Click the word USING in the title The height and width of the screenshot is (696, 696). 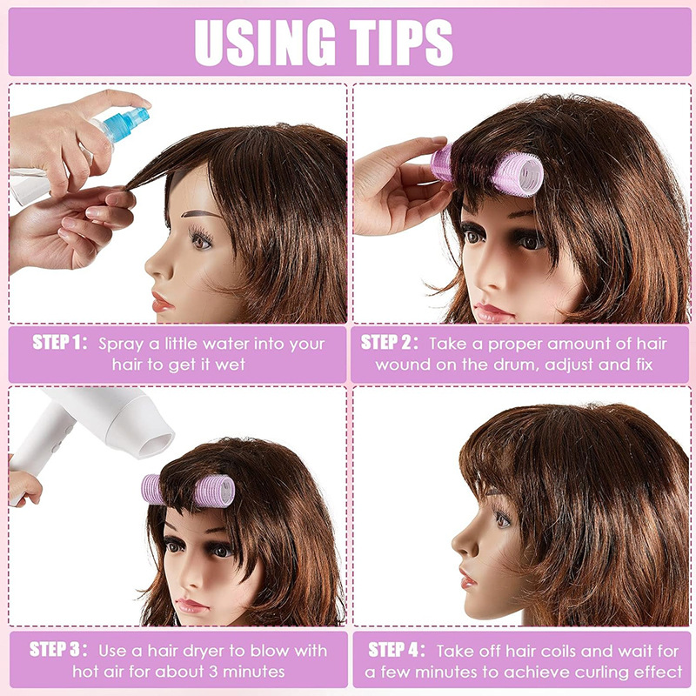tap(264, 43)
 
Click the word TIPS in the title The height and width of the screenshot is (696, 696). tap(401, 43)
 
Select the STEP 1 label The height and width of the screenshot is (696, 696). tap(60, 342)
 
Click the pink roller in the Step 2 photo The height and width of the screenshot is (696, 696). tap(488, 170)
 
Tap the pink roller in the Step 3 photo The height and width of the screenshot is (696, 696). tap(188, 491)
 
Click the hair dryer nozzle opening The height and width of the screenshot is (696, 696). tap(156, 445)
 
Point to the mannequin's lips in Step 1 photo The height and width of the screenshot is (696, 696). tap(161, 302)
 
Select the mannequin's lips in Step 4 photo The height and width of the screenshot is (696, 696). tap(467, 578)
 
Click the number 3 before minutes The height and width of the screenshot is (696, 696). tap(213, 672)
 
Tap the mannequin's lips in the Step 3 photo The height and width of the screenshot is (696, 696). tap(191, 605)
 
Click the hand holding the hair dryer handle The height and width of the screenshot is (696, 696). tap(23, 487)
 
